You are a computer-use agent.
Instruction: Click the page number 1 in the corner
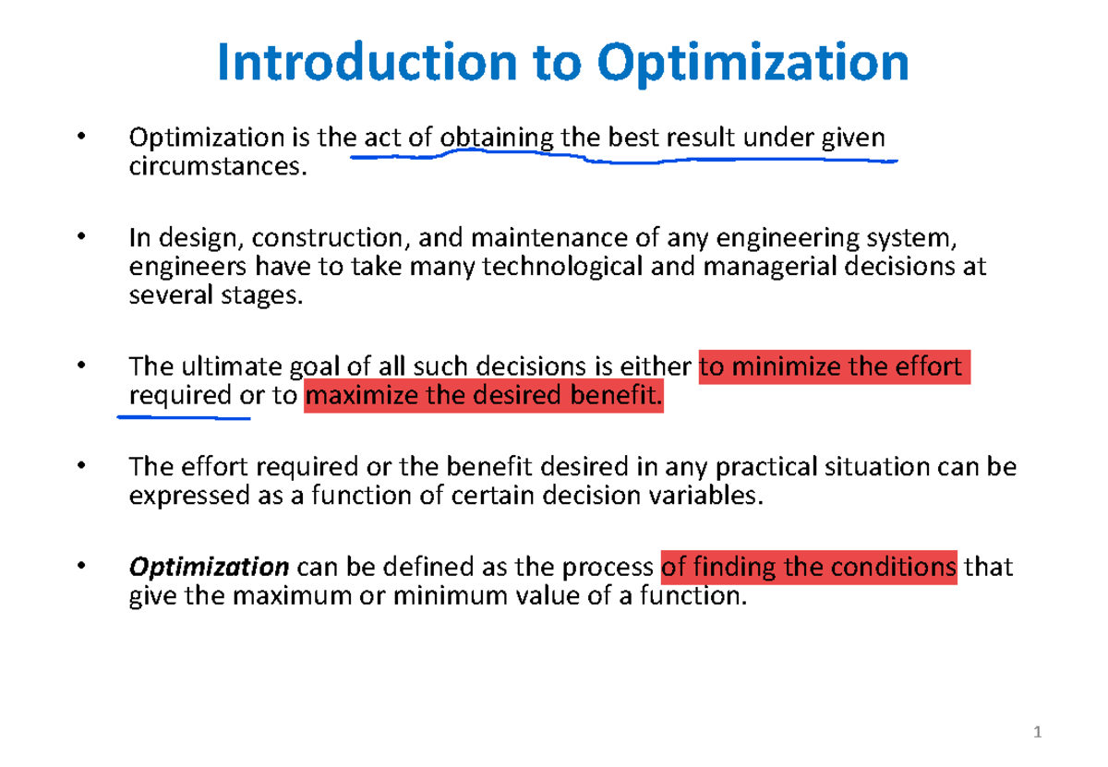1038,734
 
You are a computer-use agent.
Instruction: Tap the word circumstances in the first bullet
215,170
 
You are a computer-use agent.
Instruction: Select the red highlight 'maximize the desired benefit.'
483,399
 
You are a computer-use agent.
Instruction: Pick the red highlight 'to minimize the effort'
835,367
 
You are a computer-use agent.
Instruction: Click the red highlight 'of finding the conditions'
810,566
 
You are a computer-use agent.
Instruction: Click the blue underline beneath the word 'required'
184,416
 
